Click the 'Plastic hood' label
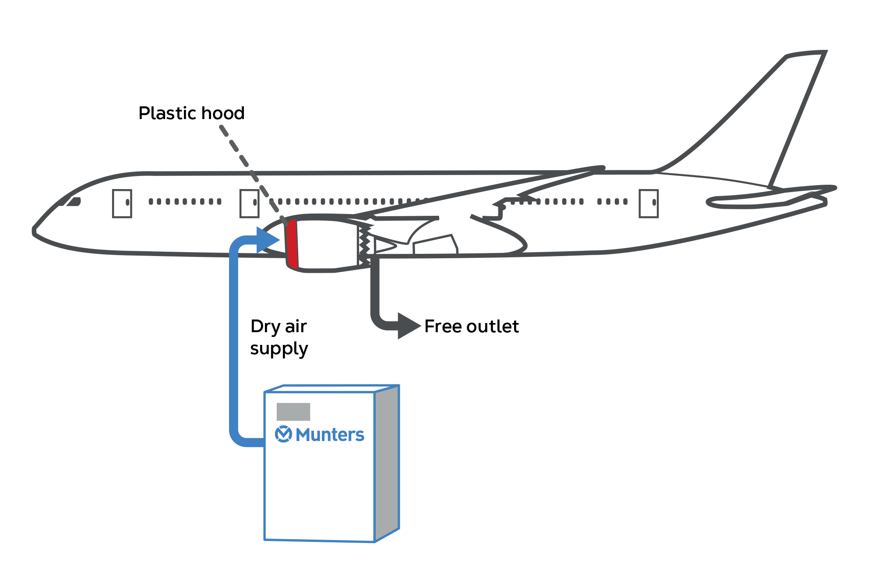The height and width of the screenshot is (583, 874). (x=191, y=113)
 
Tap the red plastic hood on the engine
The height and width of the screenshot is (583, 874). (x=292, y=244)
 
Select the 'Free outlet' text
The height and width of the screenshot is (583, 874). (x=472, y=327)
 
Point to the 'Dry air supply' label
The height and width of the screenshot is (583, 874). (x=279, y=337)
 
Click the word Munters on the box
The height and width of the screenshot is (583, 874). (x=330, y=435)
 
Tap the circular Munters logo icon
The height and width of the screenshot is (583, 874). (x=283, y=434)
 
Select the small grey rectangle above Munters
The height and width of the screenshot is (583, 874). (x=293, y=411)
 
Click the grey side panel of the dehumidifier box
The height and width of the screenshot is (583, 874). (x=387, y=462)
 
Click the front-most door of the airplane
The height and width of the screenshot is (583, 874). (x=122, y=203)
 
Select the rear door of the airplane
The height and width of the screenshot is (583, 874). (x=648, y=203)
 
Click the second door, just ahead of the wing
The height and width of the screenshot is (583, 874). (x=249, y=203)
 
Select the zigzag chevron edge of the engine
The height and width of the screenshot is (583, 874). (x=365, y=245)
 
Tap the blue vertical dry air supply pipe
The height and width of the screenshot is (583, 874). (x=234, y=341)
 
